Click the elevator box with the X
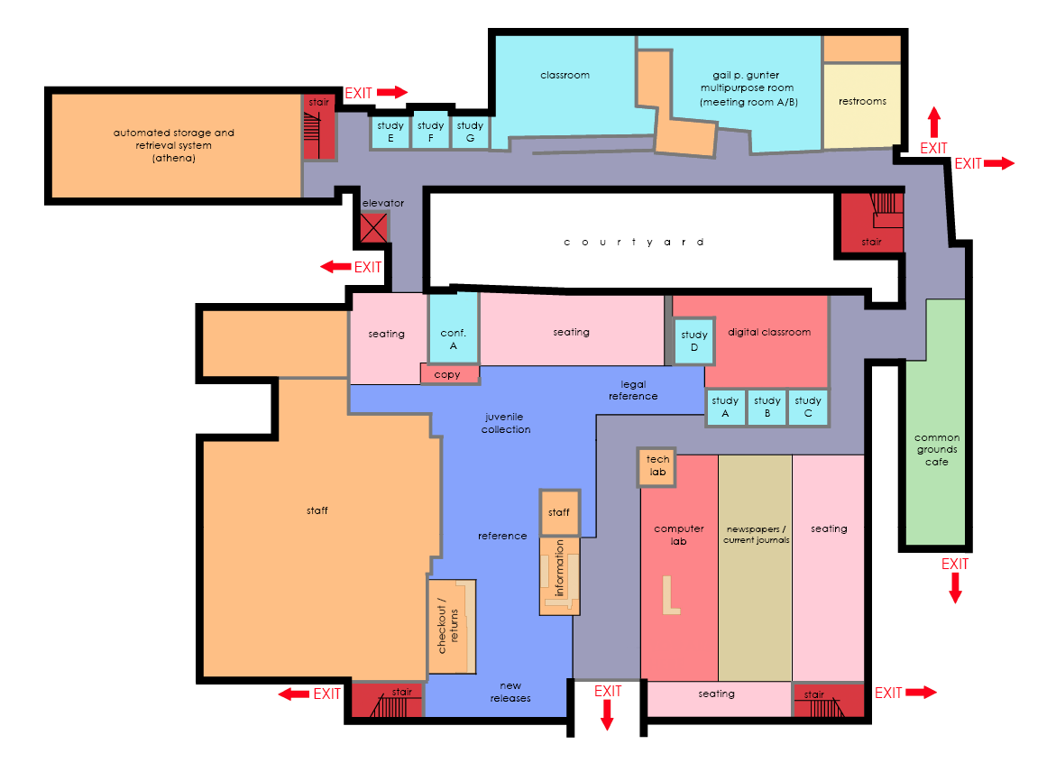[373, 227]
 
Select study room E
[390, 132]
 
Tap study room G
[470, 132]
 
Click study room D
[694, 341]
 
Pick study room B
[767, 408]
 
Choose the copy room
[450, 374]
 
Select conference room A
[454, 328]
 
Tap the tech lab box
[657, 467]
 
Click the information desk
[559, 576]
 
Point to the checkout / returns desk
[452, 626]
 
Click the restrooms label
[862, 101]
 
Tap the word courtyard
[634, 242]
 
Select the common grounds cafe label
[937, 450]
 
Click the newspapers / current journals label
[757, 535]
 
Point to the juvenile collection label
[506, 423]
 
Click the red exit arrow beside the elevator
[336, 267]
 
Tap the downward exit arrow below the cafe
[955, 588]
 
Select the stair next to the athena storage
[318, 126]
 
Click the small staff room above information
[559, 512]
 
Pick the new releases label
[510, 692]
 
